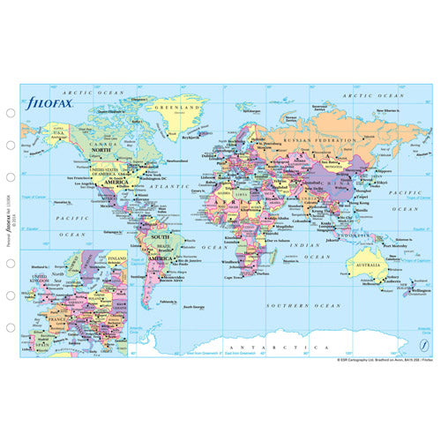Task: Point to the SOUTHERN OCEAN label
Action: click(305, 304)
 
